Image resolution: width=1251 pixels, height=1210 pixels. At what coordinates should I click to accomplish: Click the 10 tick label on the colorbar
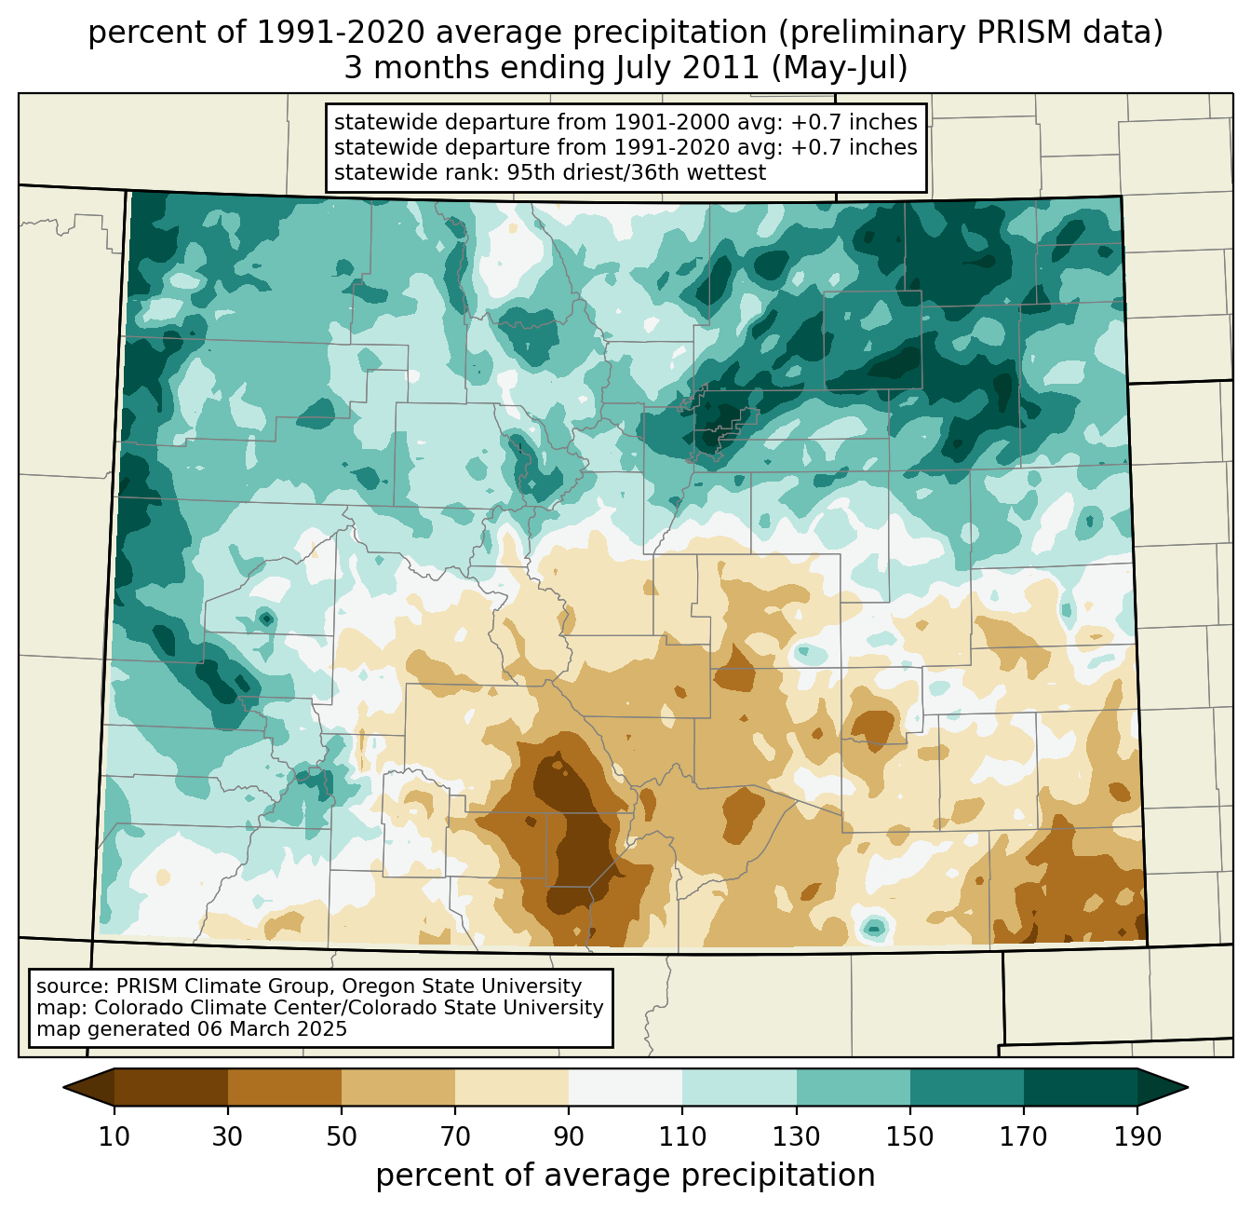tap(114, 1136)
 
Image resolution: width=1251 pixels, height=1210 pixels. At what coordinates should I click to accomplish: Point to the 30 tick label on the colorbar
tap(228, 1136)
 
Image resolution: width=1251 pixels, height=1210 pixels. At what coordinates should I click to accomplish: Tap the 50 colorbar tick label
tap(342, 1136)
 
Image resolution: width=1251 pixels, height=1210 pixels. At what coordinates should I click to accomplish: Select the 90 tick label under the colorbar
tap(569, 1136)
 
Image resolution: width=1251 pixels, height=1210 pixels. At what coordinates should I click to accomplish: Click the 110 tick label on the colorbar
tap(682, 1136)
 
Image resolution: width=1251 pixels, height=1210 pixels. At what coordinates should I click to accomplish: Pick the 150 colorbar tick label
tap(910, 1136)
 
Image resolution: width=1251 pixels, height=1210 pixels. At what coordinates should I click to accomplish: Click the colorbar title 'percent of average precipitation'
tap(625, 1176)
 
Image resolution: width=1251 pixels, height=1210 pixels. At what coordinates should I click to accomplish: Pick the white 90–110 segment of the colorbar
tap(625, 1087)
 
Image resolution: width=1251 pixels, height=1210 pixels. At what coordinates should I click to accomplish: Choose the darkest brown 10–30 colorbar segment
tap(171, 1087)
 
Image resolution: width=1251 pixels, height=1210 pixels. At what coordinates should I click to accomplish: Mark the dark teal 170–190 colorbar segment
tap(1081, 1087)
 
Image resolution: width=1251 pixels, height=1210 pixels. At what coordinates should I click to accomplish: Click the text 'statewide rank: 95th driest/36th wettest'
tap(549, 172)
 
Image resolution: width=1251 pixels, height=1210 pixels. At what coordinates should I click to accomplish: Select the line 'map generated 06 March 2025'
tap(192, 1029)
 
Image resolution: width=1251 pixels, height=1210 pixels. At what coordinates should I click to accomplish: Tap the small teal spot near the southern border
tap(873, 926)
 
